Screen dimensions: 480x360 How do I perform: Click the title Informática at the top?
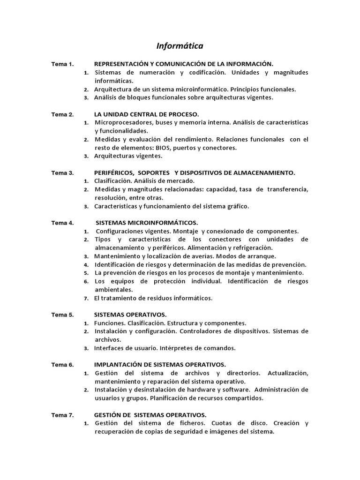tap(180, 46)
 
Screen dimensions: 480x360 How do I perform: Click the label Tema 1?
tap(62, 64)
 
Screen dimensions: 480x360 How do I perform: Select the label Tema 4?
tap(62, 223)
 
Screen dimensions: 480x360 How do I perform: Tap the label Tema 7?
tap(62, 415)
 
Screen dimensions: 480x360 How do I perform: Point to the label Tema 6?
tap(62, 364)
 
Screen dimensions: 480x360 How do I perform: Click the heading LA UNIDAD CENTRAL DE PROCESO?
tap(146, 114)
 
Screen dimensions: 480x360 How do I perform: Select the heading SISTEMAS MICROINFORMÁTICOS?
tap(147, 223)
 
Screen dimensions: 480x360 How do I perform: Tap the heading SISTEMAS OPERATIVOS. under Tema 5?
tap(130, 315)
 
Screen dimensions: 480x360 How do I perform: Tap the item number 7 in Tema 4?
tap(86, 299)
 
